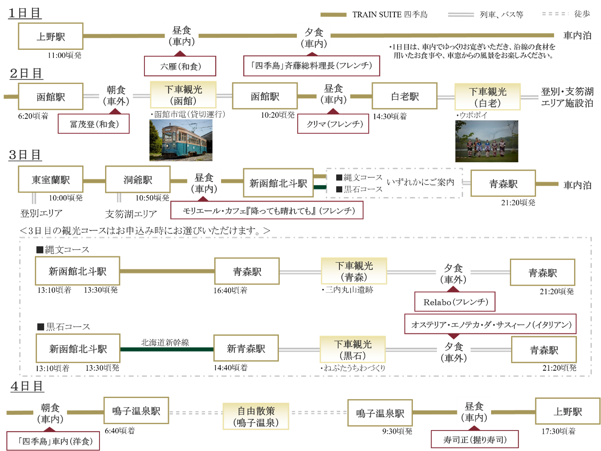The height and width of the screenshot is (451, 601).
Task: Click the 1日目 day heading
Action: tap(25, 13)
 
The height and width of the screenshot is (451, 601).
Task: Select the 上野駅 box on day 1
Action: tap(51, 37)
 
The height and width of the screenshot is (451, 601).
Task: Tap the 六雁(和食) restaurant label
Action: tap(180, 66)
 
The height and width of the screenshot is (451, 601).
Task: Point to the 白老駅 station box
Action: tap(404, 96)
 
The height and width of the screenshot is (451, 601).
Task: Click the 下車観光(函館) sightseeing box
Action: tap(183, 95)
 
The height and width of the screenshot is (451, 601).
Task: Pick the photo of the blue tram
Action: tap(181, 140)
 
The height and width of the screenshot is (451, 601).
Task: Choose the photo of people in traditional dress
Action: tap(487, 141)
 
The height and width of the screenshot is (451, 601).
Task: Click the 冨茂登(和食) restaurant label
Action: tap(94, 124)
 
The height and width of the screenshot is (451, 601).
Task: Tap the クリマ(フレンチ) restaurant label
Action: tap(333, 124)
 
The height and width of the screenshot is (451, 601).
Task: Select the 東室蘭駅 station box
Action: tap(51, 180)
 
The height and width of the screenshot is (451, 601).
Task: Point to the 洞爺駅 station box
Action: tap(138, 180)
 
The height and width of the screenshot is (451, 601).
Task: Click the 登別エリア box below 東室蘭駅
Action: tap(41, 213)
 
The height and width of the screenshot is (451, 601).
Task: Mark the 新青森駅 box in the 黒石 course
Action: tap(246, 349)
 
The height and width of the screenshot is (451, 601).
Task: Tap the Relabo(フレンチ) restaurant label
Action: tap(455, 302)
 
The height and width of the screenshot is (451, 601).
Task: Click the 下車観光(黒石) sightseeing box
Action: tap(353, 349)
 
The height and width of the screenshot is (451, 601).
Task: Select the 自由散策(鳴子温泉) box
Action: tap(256, 416)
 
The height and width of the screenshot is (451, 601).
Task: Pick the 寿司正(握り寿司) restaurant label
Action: tap(475, 440)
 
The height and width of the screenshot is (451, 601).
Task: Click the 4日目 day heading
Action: tap(27, 386)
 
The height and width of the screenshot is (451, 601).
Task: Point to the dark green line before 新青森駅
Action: tap(167, 349)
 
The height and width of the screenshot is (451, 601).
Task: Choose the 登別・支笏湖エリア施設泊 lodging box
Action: tap(567, 97)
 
